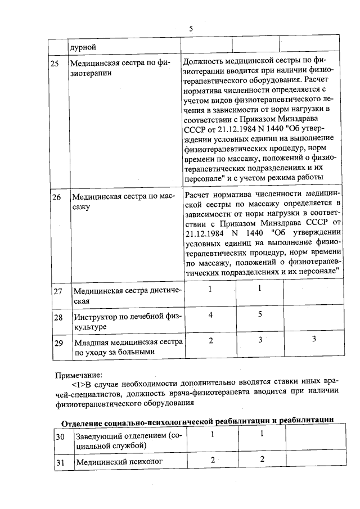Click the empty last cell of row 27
(311, 295)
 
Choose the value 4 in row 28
(210, 315)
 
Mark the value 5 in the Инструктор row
(260, 315)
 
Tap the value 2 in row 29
(210, 340)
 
